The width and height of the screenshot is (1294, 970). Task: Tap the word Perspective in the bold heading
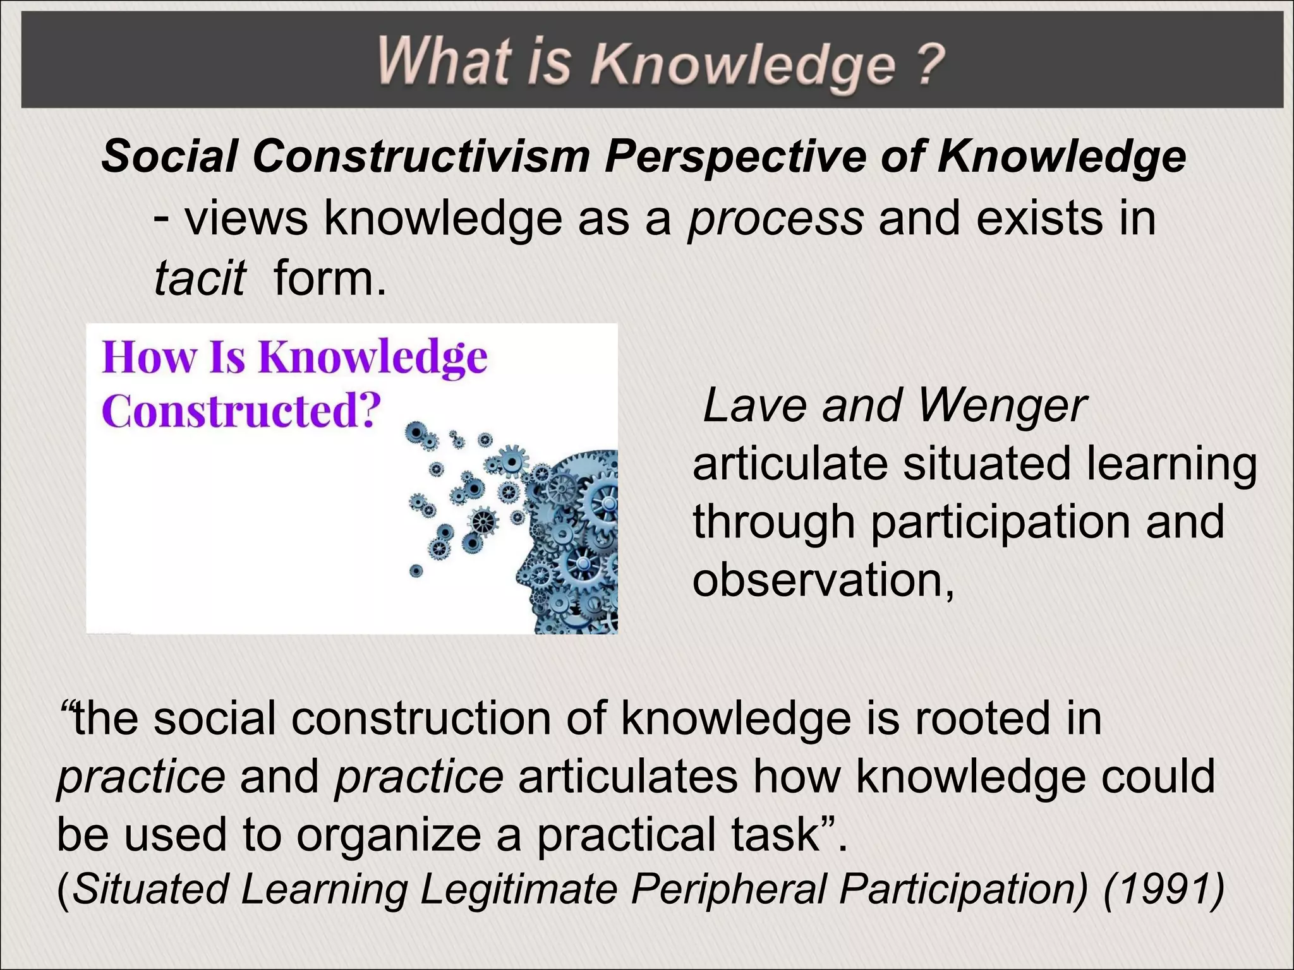(735, 156)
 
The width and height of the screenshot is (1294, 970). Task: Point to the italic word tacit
(199, 278)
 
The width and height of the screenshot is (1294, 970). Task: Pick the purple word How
(149, 357)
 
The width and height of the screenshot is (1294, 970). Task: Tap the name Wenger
(1001, 405)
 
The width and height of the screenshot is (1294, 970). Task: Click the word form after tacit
(329, 278)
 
